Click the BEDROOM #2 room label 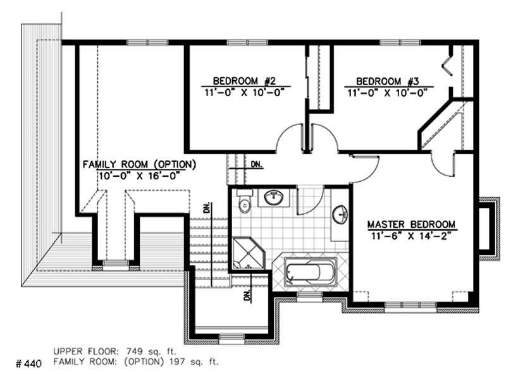(x=243, y=81)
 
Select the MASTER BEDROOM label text (x=411, y=225)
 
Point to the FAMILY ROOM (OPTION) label (x=140, y=164)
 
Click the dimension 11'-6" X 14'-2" (x=411, y=236)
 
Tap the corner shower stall (x=246, y=253)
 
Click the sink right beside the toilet (x=273, y=198)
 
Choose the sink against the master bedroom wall (x=340, y=214)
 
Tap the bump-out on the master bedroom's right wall (x=488, y=228)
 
